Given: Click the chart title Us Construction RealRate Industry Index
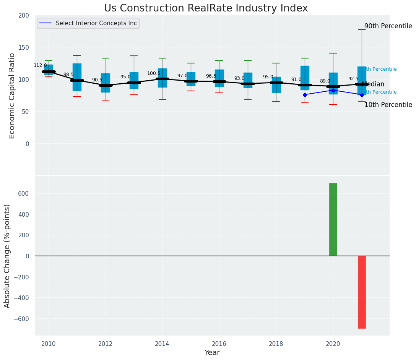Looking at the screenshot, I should pos(206,8).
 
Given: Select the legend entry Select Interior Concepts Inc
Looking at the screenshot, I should pos(96,23).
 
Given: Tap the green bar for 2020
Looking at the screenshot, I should pos(333,219).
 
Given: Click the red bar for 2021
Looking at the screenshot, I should pos(362,292).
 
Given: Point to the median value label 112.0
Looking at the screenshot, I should pos(40,65).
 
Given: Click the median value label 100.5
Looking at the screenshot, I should pos(154,73).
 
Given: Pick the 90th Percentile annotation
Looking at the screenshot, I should pos(388,26).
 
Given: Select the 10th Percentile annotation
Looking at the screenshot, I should pos(388,105).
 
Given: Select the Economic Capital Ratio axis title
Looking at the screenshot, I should pos(12,96).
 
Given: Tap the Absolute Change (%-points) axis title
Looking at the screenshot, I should pos(7,256).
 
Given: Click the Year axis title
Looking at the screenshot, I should pos(212,353).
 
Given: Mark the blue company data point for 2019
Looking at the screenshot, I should pos(305,95).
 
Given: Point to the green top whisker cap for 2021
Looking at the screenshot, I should pos(362,29).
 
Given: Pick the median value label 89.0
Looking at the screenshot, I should pos(325,81).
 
